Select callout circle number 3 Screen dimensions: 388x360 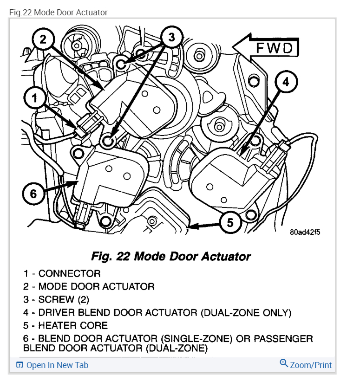point(171,37)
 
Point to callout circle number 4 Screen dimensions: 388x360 point(285,82)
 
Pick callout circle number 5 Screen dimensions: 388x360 point(230,223)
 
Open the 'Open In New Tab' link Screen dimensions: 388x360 point(57,365)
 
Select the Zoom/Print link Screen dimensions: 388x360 point(311,365)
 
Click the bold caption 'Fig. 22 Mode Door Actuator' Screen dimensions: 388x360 point(171,256)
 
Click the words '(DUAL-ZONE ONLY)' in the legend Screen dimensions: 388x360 point(246,312)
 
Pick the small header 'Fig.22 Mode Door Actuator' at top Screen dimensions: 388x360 point(58,13)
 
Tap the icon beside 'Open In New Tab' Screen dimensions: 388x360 point(20,365)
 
